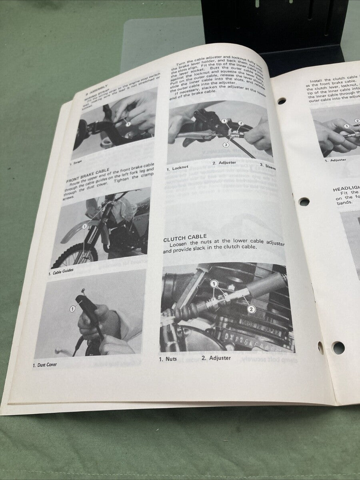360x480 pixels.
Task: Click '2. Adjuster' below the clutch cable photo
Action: click(216, 358)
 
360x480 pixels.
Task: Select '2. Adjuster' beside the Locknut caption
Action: click(225, 163)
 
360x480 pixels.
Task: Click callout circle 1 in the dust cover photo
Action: click(73, 308)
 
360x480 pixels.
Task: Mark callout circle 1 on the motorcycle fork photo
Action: click(85, 226)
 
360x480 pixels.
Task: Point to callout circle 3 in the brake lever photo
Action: click(226, 144)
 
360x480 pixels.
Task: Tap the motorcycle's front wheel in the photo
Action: click(74, 255)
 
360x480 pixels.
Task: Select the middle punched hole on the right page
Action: click(304, 202)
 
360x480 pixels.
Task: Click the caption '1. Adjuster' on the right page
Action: click(335, 160)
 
